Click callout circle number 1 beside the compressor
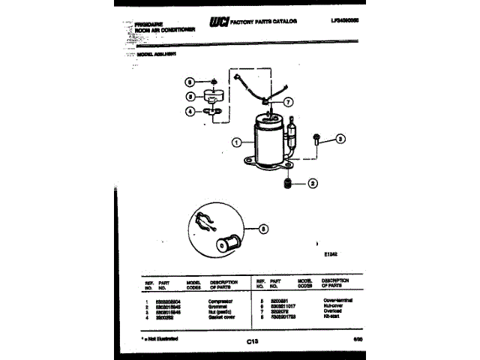(x=236, y=142)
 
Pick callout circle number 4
(x=190, y=111)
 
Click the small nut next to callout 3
(x=319, y=139)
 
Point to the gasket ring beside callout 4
(x=214, y=112)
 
